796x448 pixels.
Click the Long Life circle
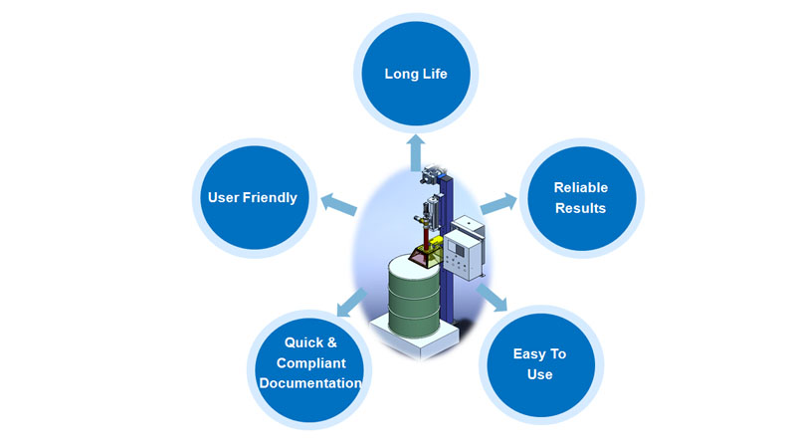(416, 73)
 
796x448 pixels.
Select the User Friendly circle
(255, 197)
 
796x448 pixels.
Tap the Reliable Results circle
(582, 198)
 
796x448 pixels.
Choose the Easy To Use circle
(540, 364)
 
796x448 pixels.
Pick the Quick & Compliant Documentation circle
(309, 369)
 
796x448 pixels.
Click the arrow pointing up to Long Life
(416, 152)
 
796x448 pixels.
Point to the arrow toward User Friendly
(339, 204)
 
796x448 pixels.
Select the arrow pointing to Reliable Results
(498, 204)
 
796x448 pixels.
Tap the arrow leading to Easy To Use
(492, 298)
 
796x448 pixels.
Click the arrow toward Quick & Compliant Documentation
(351, 303)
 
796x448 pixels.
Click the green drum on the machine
(414, 297)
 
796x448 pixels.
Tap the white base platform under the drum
(414, 336)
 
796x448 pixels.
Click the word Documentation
(310, 383)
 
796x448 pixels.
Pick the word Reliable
(581, 187)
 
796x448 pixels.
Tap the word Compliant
(311, 363)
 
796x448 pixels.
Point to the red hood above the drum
(420, 254)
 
